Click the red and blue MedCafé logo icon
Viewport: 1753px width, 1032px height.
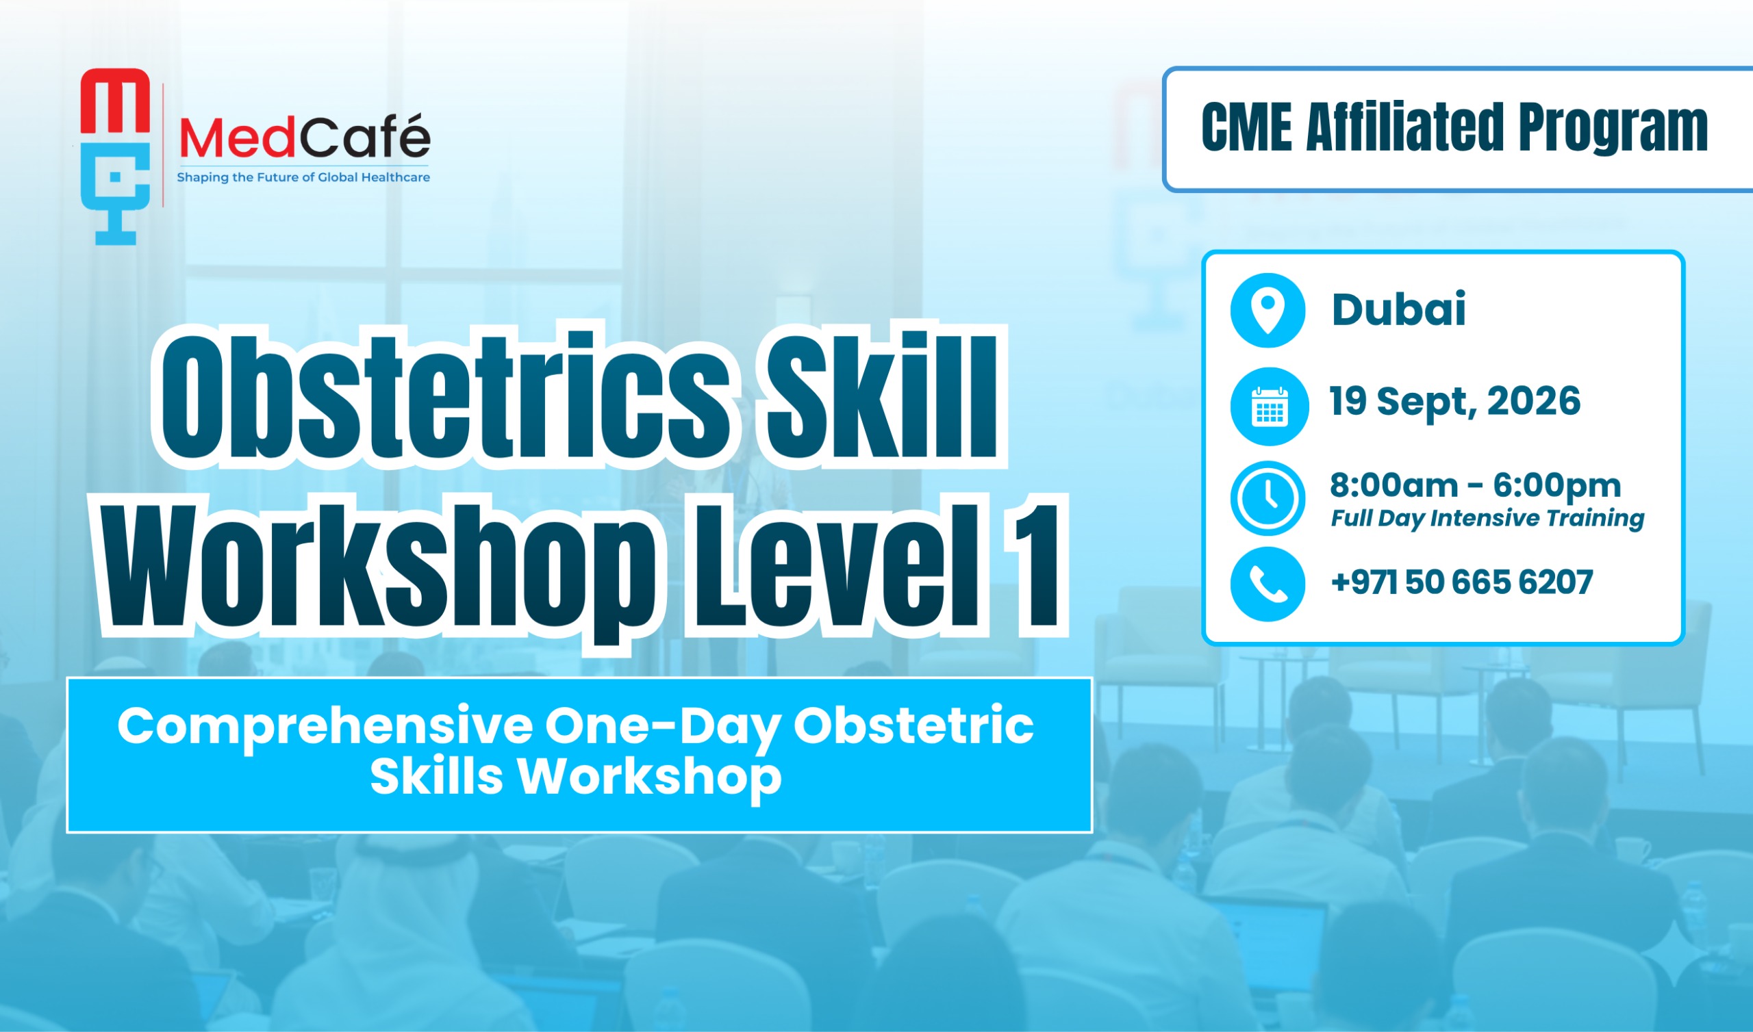coord(116,157)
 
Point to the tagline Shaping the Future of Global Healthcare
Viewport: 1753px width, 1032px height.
coord(303,178)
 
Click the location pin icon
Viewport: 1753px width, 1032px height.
coord(1268,310)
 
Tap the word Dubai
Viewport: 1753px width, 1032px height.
coord(1398,309)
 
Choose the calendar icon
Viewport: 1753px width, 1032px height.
coord(1270,406)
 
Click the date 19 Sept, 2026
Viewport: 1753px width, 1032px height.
coord(1454,402)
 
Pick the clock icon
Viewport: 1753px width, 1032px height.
coord(1268,498)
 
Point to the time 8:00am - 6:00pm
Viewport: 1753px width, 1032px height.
coord(1476,486)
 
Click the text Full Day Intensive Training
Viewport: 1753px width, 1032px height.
coord(1487,519)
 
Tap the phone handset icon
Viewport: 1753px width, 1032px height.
coord(1268,584)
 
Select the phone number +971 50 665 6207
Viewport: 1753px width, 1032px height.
coord(1461,582)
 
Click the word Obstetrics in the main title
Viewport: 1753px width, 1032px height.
coord(445,396)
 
